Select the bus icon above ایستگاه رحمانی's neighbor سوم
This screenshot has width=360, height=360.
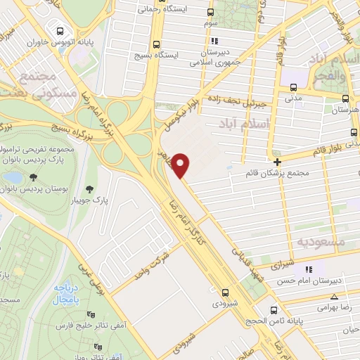tap(210, 12)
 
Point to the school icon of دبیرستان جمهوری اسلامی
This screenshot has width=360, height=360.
tap(214, 41)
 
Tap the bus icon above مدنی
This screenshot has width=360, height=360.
tap(293, 88)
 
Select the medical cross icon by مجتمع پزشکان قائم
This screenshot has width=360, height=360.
tap(278, 162)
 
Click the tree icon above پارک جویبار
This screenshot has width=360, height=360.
tap(89, 188)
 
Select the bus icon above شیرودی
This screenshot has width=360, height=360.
tap(225, 292)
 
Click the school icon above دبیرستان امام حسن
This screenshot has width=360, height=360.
tap(308, 269)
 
